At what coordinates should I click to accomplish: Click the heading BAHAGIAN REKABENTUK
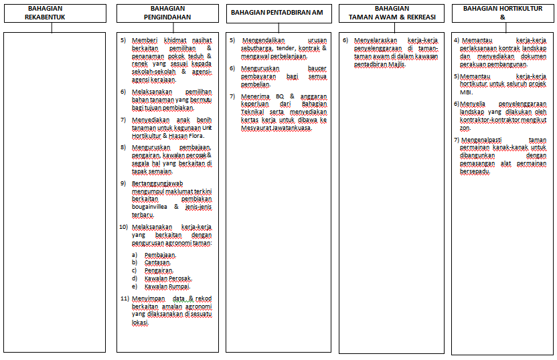click(x=46, y=13)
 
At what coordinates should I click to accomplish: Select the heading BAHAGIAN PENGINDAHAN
click(x=167, y=13)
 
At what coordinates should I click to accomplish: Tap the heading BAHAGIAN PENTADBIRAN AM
click(x=278, y=13)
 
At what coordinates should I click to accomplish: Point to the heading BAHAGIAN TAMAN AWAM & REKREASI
click(x=392, y=13)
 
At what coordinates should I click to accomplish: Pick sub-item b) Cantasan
click(x=157, y=262)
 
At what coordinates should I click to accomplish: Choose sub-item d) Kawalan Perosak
click(x=167, y=278)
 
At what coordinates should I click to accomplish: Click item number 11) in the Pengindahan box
click(x=125, y=298)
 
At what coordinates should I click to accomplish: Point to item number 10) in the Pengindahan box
click(x=125, y=227)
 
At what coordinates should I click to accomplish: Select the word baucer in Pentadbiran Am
click(x=317, y=68)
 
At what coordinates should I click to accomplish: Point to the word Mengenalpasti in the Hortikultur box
click(x=484, y=140)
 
